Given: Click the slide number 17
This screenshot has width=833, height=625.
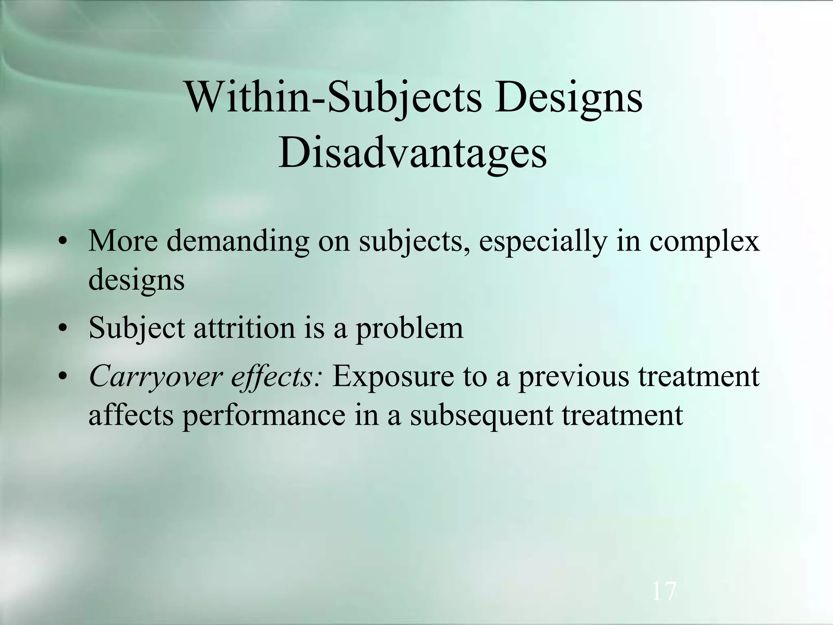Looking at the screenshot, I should coord(664,591).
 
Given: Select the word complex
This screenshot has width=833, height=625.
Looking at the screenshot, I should coord(704,242).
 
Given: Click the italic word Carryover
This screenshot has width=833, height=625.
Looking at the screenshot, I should coord(155,377).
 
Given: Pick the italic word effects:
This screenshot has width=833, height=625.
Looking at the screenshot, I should coord(277,377).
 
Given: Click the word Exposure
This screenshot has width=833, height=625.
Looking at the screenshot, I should coord(393,377).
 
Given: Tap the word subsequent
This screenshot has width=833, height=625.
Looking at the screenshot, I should coord(481,415).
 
